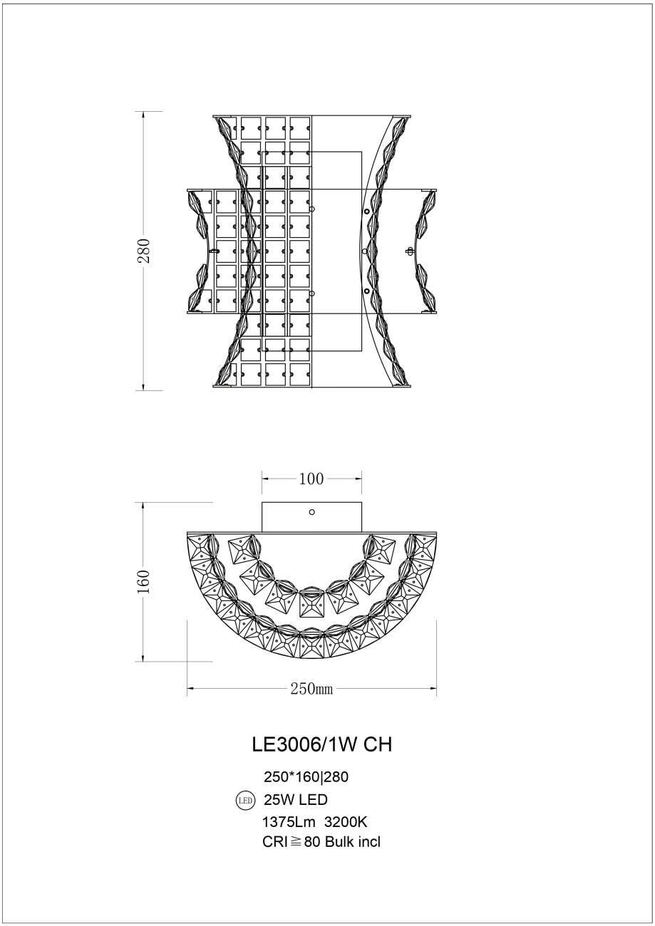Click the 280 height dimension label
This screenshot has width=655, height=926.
coord(144,250)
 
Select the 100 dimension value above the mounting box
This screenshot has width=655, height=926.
coord(311,479)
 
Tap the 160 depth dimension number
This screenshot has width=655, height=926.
coord(144,581)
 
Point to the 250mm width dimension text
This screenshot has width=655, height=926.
coord(311,689)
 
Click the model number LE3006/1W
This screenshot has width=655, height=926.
coord(306,744)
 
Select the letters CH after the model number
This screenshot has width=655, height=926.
coord(378,744)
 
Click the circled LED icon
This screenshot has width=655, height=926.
coord(244,800)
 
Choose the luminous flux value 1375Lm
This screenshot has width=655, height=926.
coord(289,821)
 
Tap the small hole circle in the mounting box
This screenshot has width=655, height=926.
coord(311,512)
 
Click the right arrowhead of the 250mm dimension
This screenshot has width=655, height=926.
coord(433,689)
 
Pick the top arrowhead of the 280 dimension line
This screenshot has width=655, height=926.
coord(144,115)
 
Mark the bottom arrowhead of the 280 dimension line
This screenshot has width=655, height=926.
coord(144,387)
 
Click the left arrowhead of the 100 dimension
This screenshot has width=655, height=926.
coord(265,479)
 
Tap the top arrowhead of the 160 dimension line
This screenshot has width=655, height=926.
coord(144,506)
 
